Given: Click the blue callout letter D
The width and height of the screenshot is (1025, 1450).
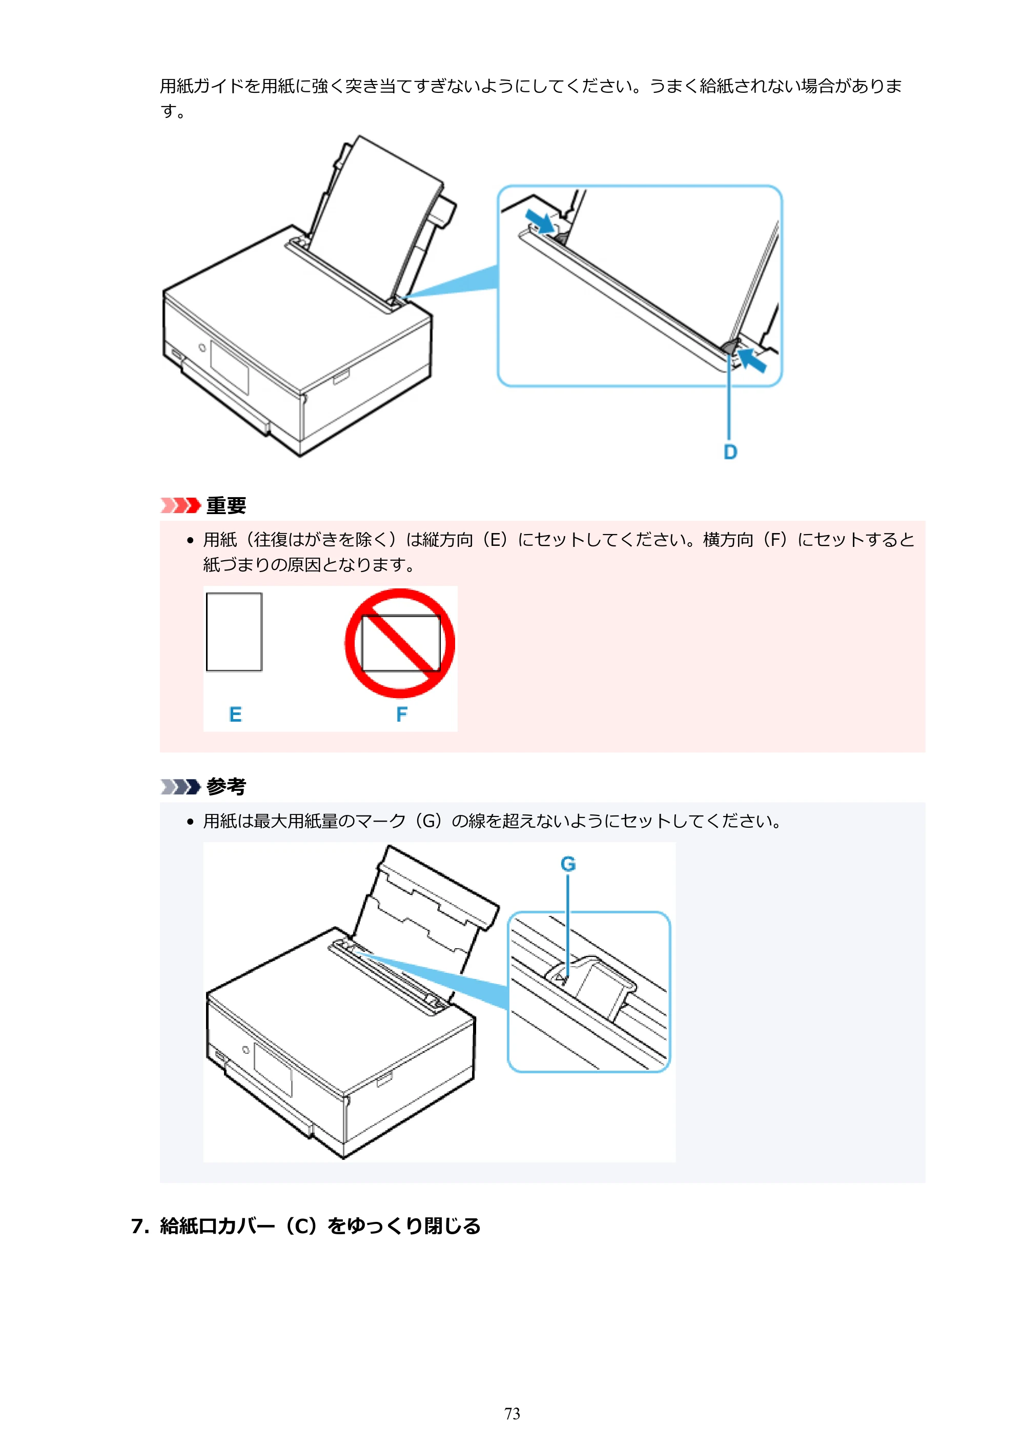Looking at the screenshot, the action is pos(730,452).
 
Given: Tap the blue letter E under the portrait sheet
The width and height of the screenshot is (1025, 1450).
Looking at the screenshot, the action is pos(235,714).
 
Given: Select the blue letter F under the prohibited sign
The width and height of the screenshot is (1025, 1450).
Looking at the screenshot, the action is pos(402,714).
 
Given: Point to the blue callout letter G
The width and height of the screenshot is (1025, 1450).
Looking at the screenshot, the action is pos(568,863).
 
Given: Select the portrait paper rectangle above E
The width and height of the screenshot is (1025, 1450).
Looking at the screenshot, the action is pos(234,631).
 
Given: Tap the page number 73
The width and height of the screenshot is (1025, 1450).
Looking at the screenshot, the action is pos(512,1414).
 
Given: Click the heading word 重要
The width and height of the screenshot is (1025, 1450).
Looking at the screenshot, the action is pos(226,505).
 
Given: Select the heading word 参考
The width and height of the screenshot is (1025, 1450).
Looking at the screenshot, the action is pos(226,786).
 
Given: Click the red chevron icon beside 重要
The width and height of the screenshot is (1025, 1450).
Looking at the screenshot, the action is pos(180,505).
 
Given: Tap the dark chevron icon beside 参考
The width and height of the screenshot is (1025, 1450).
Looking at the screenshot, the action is pos(180,786).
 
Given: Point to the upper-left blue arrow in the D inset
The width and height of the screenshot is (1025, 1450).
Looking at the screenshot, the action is pos(541,221).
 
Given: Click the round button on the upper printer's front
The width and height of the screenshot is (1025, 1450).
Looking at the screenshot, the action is pos(202,348).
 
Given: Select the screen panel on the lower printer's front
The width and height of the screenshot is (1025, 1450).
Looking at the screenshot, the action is pos(273,1070).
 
